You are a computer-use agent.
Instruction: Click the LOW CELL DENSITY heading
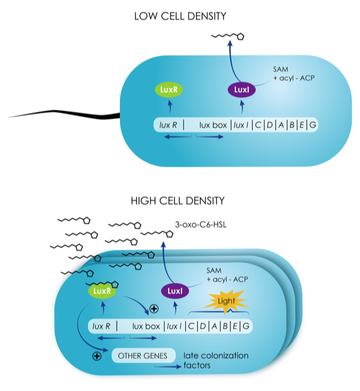point(180,17)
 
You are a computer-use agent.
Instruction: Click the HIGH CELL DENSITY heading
point(177,201)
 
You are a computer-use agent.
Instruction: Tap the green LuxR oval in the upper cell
point(169,90)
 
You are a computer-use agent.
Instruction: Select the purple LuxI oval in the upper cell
point(241,90)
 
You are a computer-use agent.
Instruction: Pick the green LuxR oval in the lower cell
point(102,291)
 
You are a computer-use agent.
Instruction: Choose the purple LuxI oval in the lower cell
point(175,291)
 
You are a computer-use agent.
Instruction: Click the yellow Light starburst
point(226,301)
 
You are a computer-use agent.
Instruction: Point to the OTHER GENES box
point(143,356)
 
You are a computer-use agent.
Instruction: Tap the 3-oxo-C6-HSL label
point(201,225)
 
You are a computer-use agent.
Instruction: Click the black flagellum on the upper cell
point(65,114)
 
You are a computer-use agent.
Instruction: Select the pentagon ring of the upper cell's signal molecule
point(240,36)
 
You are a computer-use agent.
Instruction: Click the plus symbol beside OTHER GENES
point(97,356)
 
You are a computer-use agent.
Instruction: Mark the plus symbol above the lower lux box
point(154,309)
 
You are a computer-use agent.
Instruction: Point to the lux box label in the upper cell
point(213,125)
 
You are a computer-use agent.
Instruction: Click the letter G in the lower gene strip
point(246,326)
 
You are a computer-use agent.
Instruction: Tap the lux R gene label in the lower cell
point(101,326)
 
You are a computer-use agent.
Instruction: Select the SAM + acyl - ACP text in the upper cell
point(294,74)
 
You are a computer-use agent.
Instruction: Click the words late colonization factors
point(216,360)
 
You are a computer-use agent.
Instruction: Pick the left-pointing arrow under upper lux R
point(178,137)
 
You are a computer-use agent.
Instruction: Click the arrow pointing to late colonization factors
point(167,366)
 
